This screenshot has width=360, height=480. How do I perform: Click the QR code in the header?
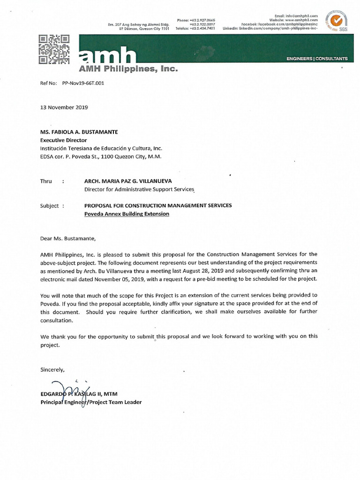[x=54, y=49]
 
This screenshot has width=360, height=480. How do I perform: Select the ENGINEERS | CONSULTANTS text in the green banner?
[x=317, y=59]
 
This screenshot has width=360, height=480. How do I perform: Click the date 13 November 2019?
[x=64, y=107]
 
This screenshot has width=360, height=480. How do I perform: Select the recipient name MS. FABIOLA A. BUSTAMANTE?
[x=79, y=132]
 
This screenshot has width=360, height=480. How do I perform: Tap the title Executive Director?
[x=63, y=140]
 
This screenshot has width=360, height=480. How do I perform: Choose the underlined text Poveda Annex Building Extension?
[x=127, y=214]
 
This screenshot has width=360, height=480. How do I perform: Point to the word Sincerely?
[x=52, y=369]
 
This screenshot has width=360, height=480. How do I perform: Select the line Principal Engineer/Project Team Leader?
[x=91, y=402]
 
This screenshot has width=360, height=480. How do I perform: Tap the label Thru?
[x=47, y=181]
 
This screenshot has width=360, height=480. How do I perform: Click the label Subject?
[x=50, y=205]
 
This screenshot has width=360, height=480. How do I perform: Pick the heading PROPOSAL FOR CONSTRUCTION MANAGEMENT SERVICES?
[x=157, y=205]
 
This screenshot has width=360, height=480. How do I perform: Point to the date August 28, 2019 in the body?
[x=214, y=270]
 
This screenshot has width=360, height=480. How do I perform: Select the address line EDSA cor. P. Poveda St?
[x=101, y=157]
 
